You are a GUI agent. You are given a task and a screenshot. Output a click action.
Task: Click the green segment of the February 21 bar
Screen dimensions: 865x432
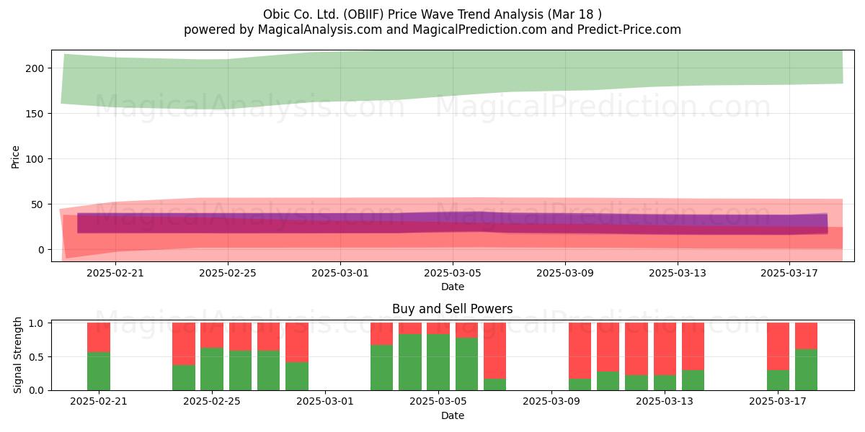99,371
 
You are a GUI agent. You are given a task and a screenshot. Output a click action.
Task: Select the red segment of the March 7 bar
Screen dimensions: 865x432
494,351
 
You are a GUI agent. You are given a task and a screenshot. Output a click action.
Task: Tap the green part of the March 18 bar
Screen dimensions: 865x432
806,370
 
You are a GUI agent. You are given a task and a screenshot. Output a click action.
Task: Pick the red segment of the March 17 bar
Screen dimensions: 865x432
778,346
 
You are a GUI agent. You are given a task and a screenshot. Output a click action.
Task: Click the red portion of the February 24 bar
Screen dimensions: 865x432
183,344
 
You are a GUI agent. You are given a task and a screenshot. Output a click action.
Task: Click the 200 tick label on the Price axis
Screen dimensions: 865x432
35,68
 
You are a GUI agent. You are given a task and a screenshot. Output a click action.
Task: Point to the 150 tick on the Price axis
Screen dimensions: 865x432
35,114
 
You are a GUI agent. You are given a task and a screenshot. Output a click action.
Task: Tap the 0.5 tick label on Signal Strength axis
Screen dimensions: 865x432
37,357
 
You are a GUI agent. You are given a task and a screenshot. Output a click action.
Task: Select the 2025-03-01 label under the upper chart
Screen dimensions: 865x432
340,273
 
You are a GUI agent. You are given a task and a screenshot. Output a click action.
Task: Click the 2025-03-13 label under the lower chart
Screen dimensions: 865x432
665,402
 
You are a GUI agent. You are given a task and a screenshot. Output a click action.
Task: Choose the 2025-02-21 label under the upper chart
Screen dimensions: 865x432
115,273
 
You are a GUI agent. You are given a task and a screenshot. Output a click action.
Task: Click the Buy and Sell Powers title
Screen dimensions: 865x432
452,309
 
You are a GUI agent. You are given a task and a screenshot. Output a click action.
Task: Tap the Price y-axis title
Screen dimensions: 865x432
15,157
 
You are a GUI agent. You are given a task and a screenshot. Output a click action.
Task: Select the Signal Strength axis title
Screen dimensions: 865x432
17,355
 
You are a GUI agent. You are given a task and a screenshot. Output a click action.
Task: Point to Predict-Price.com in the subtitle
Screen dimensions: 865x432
629,30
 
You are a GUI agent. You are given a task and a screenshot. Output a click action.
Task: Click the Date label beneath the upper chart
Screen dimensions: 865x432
453,287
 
